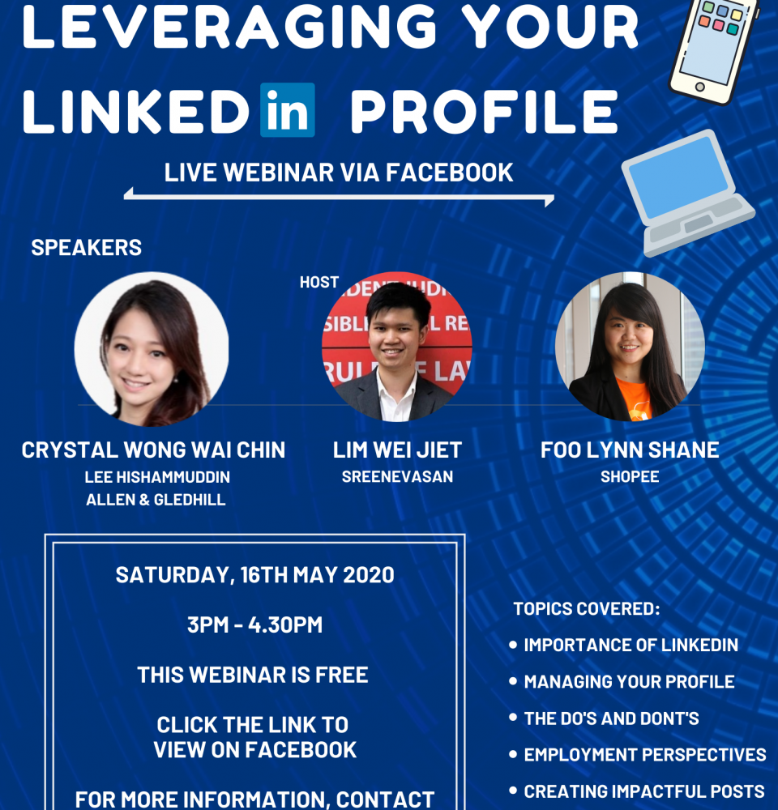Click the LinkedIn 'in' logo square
coord(288,109)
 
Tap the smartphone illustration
coord(713,49)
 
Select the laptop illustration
coord(687,194)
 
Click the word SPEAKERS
coord(87,247)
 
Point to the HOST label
coord(319,282)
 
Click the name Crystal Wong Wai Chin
coord(153,450)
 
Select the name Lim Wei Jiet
coord(397,450)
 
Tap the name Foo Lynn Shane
coord(630,450)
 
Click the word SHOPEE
coord(630,476)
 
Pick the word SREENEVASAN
coord(397,476)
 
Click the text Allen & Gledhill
coord(156,500)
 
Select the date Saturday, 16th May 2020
coord(254,575)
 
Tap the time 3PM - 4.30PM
coord(254,625)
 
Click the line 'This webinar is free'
coord(253,675)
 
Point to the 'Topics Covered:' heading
coord(587,608)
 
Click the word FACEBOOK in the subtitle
coord(449,173)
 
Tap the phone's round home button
coord(699,87)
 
